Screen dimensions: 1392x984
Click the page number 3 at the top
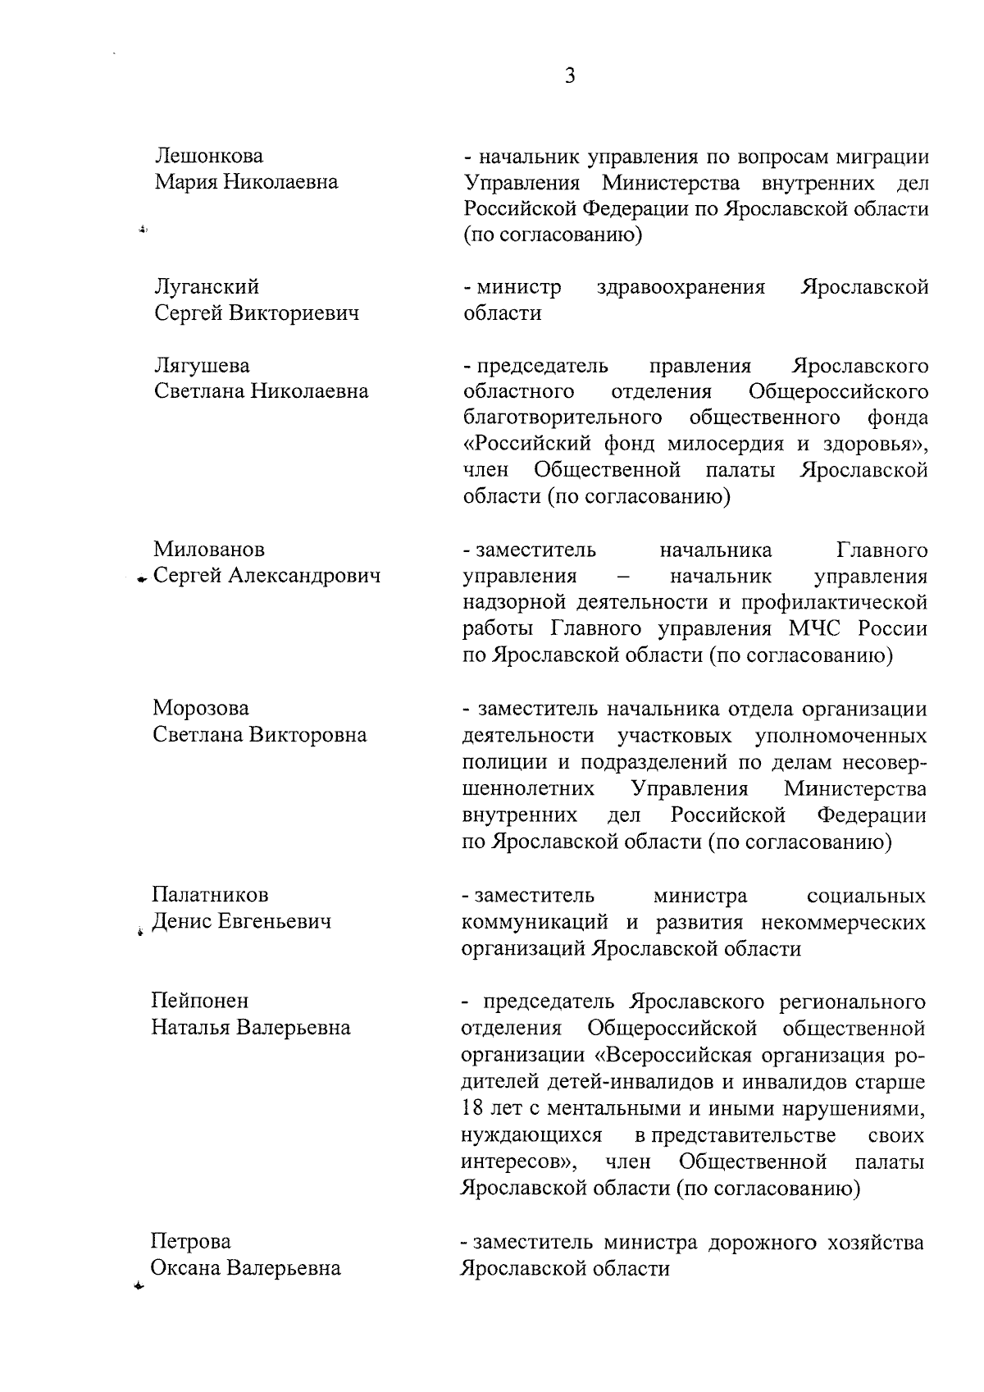click(x=570, y=76)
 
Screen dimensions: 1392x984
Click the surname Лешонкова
click(x=209, y=156)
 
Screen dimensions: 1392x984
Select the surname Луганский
click(x=207, y=287)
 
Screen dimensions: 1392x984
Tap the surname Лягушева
click(x=203, y=365)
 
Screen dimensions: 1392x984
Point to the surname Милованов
click(x=209, y=549)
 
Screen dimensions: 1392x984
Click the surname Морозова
click(x=201, y=708)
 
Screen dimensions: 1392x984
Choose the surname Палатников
click(x=211, y=895)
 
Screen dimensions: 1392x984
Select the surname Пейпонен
click(x=200, y=1001)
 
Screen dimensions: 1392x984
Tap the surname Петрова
click(x=191, y=1242)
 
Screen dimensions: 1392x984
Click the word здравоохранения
click(x=681, y=287)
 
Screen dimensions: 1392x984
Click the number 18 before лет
click(x=472, y=1108)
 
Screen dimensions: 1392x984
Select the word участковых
click(x=680, y=735)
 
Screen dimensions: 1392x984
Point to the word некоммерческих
click(x=844, y=922)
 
